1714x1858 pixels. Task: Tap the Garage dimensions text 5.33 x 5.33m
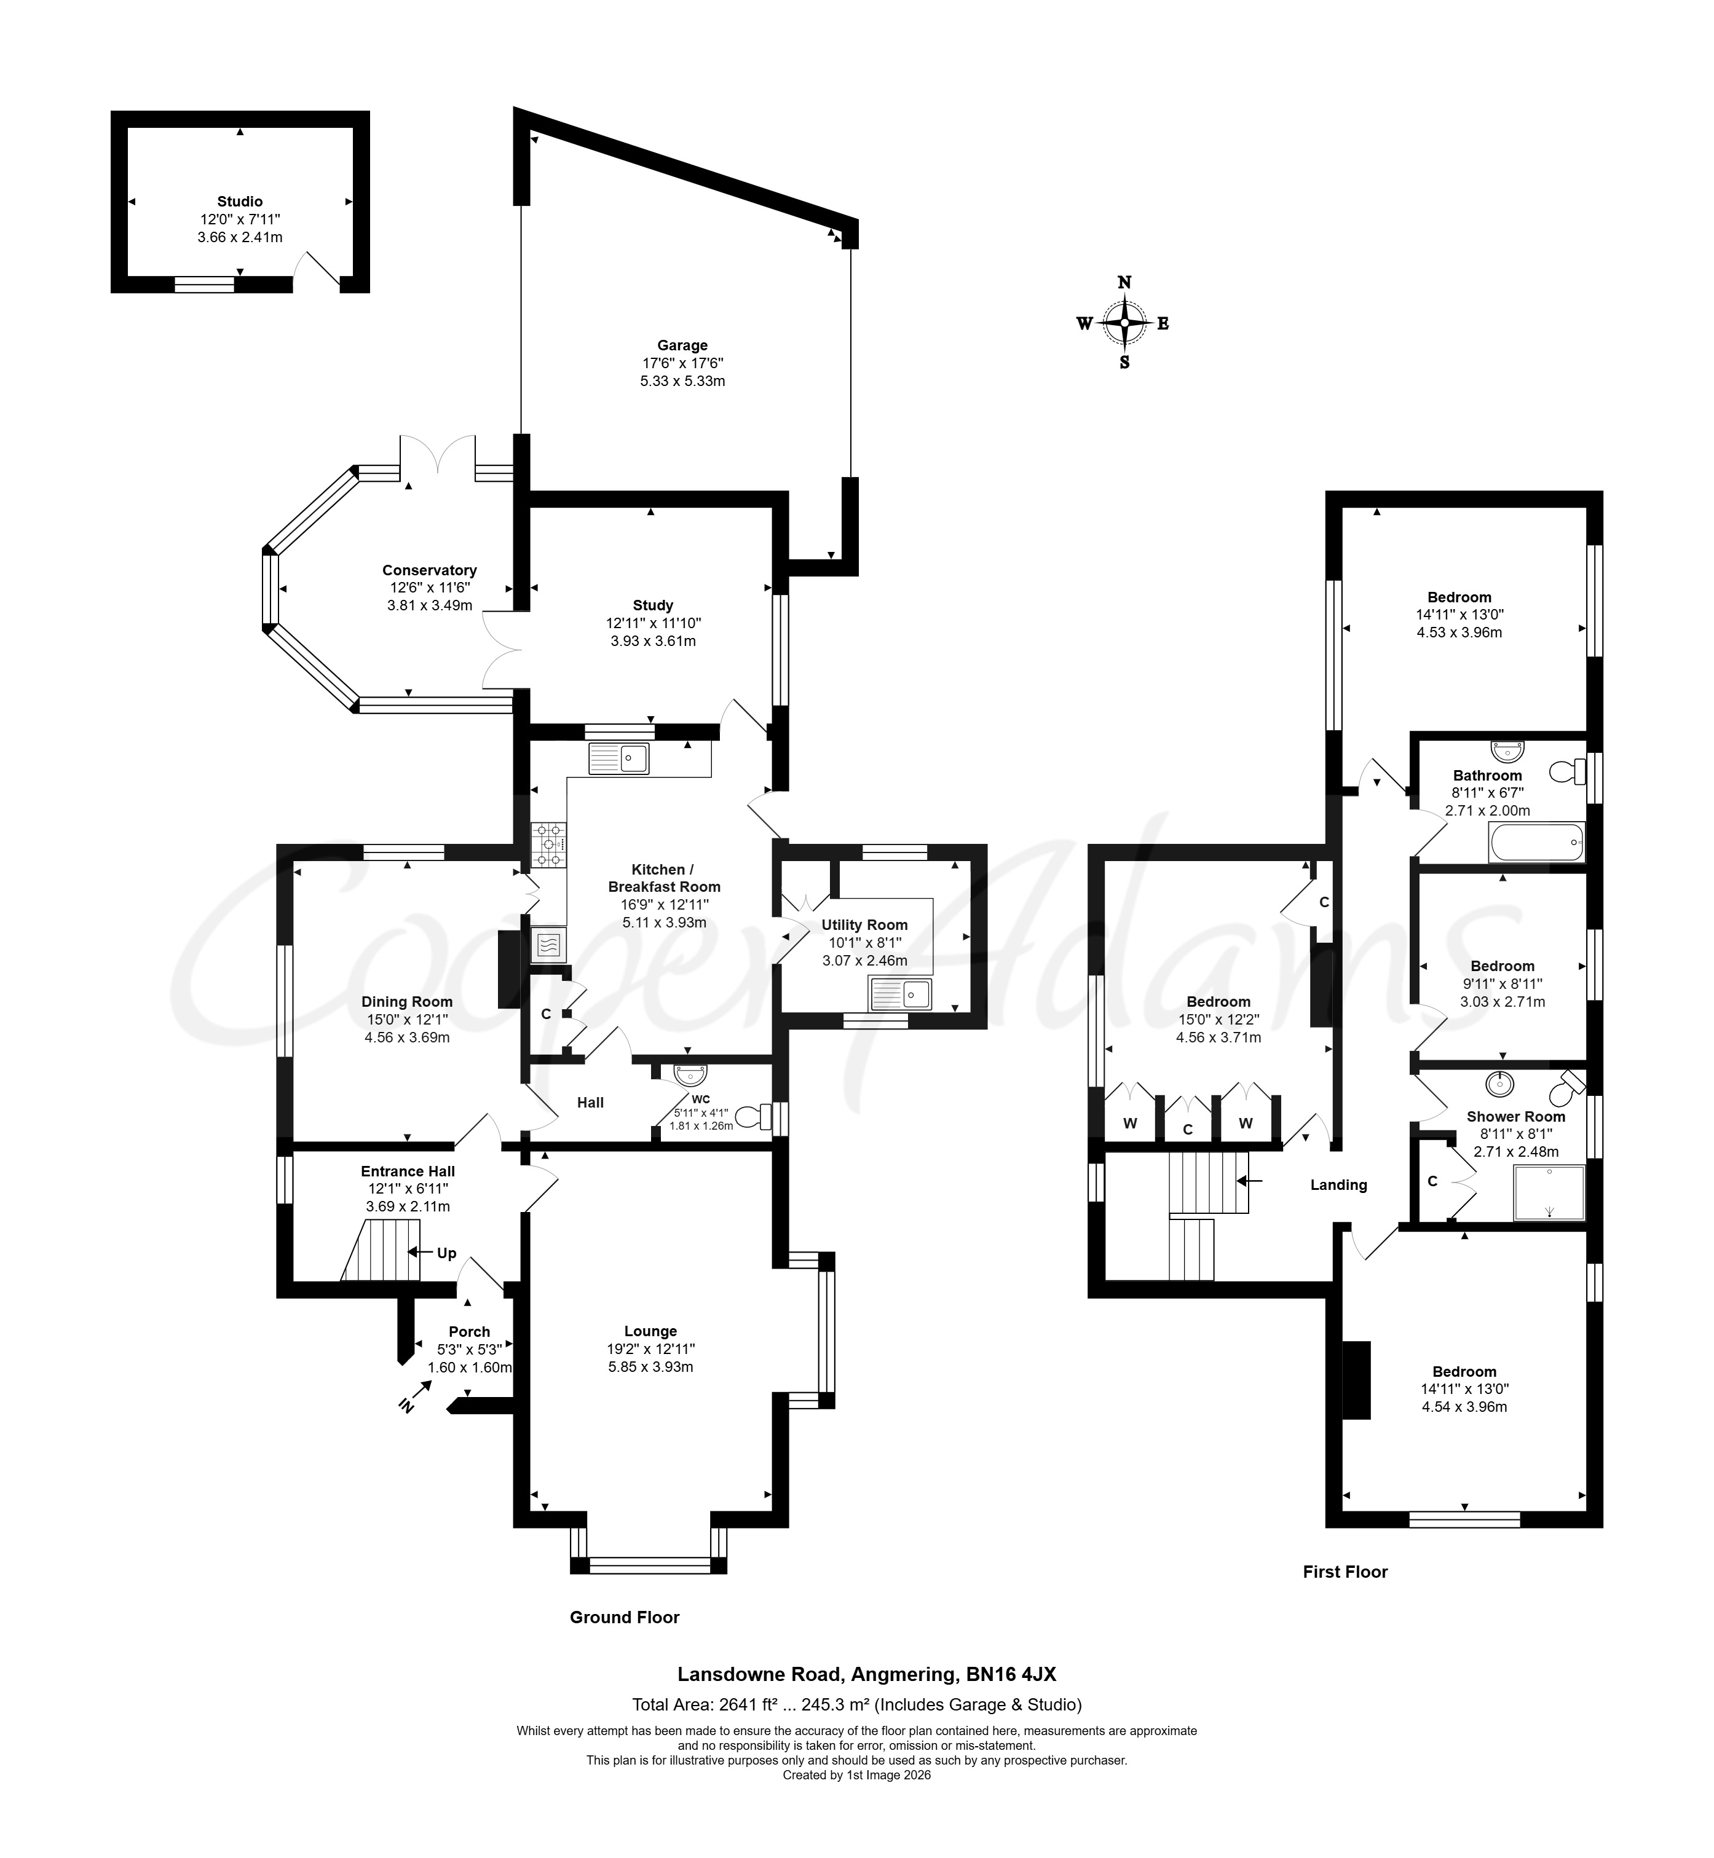[x=682, y=381]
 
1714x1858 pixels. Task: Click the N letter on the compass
[x=1124, y=283]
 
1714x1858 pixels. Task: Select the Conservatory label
[x=430, y=570]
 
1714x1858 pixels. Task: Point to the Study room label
[x=653, y=605]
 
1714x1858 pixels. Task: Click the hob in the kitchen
[x=548, y=846]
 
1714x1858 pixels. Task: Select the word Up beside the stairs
[x=446, y=1253]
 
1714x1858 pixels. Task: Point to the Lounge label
[x=650, y=1331]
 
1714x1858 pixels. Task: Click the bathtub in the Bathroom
[x=1536, y=842]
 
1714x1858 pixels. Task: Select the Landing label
[x=1338, y=1185]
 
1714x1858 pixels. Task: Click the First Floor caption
[x=1345, y=1572]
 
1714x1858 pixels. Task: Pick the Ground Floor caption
[x=624, y=1617]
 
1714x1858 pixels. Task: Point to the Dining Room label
[x=407, y=1001]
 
